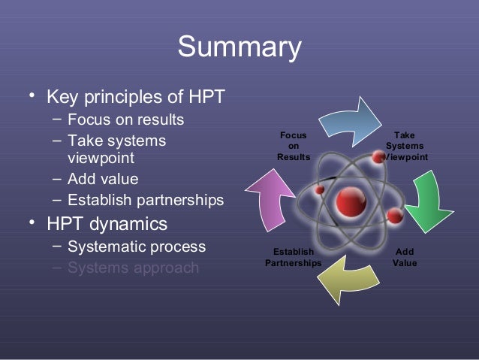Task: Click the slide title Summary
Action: [239, 48]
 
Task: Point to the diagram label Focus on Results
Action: [293, 146]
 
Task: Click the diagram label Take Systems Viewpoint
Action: [405, 146]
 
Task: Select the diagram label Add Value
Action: [405, 257]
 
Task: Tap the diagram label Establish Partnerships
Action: [293, 257]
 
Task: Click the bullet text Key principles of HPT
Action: [135, 98]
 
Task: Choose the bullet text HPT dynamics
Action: [107, 224]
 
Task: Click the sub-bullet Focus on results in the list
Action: [125, 119]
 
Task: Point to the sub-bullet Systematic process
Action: [136, 247]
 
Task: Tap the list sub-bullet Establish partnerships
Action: [145, 200]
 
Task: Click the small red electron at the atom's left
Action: [320, 190]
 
